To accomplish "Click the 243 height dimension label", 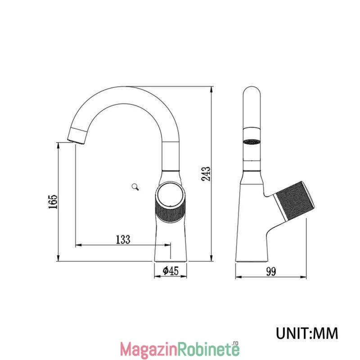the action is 206,174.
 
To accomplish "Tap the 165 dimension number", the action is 53,202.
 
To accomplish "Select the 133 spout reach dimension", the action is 123,239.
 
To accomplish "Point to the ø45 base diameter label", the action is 171,271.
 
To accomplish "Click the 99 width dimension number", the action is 271,272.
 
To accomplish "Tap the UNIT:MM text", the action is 307,333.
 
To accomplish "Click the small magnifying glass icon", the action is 135,187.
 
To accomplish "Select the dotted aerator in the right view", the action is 252,142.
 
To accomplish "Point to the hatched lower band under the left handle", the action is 171,211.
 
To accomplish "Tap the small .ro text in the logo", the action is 235,343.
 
